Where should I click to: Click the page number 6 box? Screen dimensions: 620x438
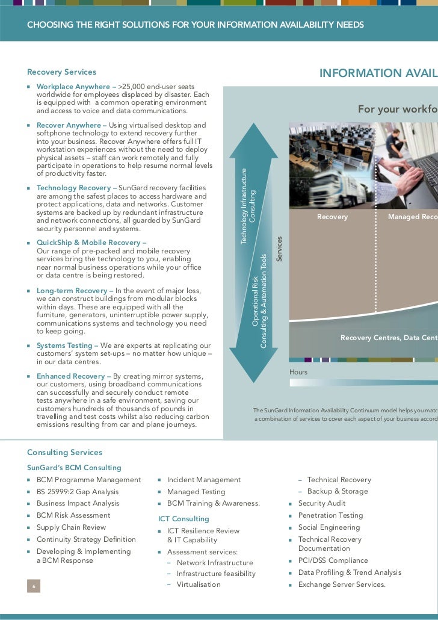pyautogui.click(x=34, y=587)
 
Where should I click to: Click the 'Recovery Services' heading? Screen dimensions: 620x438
pyautogui.click(x=61, y=72)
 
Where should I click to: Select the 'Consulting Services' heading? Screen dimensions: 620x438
pyautogui.click(x=64, y=453)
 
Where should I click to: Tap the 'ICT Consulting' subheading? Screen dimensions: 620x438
pyautogui.click(x=184, y=519)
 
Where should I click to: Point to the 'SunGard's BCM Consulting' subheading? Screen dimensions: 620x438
pyautogui.click(x=74, y=468)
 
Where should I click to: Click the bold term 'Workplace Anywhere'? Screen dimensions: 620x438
pyautogui.click(x=73, y=87)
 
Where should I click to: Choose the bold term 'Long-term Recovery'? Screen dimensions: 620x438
pyautogui.click(x=72, y=291)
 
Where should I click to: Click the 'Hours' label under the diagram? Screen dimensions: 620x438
pyautogui.click(x=298, y=373)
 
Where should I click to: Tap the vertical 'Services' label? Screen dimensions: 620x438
pyautogui.click(x=279, y=249)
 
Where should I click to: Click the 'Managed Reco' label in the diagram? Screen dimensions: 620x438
pyautogui.click(x=413, y=217)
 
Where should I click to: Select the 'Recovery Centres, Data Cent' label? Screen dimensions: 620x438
pyautogui.click(x=389, y=338)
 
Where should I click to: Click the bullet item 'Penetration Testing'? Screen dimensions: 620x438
pyautogui.click(x=330, y=515)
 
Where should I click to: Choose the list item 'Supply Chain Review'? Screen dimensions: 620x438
pyautogui.click(x=71, y=527)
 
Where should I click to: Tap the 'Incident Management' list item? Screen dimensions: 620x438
pyautogui.click(x=203, y=480)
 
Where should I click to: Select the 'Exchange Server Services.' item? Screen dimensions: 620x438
pyautogui.click(x=342, y=584)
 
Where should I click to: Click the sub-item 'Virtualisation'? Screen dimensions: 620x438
pyautogui.click(x=199, y=584)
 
